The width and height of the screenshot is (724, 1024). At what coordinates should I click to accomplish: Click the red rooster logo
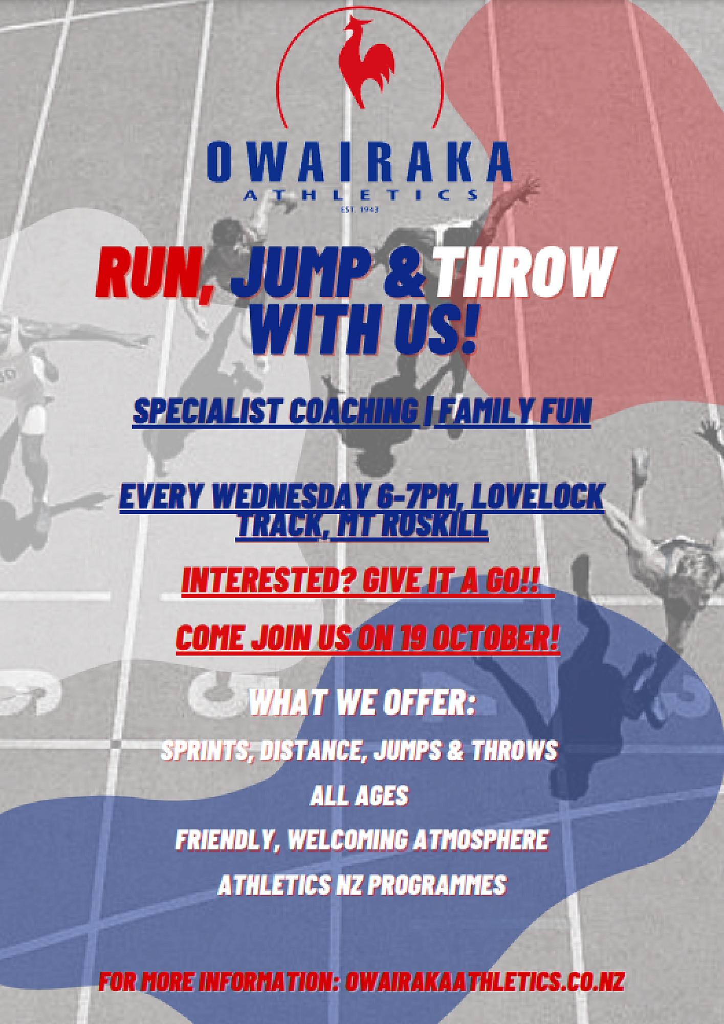[x=365, y=61]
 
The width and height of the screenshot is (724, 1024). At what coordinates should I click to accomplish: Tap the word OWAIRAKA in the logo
[x=360, y=162]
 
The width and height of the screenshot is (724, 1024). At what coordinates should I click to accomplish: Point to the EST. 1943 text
[x=359, y=209]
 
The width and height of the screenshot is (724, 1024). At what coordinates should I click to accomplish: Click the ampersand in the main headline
[x=404, y=273]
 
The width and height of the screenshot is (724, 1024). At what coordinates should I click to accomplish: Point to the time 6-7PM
[x=420, y=496]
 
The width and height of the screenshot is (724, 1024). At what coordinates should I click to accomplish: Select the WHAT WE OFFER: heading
[x=362, y=702]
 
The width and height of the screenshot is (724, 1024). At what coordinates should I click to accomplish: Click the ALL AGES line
[x=359, y=796]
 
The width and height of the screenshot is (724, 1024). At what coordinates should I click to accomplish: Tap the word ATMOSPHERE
[x=480, y=840]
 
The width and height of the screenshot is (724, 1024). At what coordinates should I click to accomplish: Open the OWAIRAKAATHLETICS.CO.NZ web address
[x=485, y=981]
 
